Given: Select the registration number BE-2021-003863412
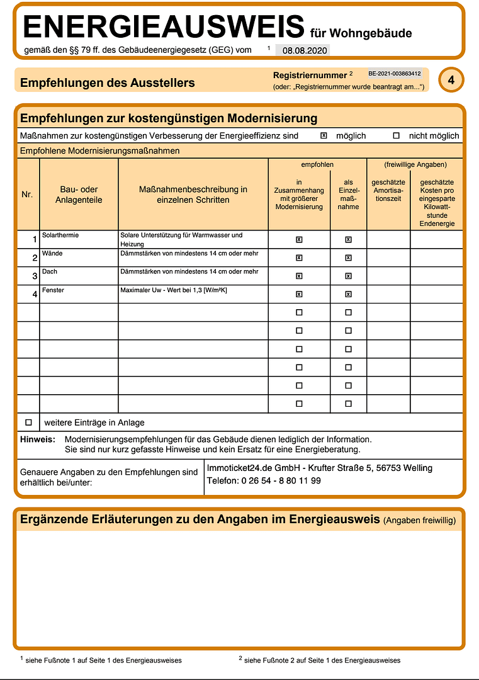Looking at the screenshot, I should point(395,74).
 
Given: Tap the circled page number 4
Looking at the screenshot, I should point(451,80).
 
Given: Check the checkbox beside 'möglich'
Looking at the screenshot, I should point(324,135).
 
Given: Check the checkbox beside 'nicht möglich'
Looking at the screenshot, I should point(396,135).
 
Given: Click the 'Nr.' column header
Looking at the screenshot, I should point(27,195).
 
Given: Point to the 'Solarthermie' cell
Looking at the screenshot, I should point(60,235).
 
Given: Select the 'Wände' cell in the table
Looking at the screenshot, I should point(52,254).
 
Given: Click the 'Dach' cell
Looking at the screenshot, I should point(50,272).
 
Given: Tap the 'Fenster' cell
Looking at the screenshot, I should point(53,290).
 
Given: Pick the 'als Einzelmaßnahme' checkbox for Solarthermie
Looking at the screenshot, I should point(348,239).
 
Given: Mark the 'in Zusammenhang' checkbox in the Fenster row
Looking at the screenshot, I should point(299,294).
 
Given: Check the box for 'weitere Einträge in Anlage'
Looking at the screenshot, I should point(28,422).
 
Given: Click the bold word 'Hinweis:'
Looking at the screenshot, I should point(38,439).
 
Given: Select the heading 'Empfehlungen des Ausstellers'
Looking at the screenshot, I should point(108,82).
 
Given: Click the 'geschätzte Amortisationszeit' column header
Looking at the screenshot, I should point(388,190).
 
